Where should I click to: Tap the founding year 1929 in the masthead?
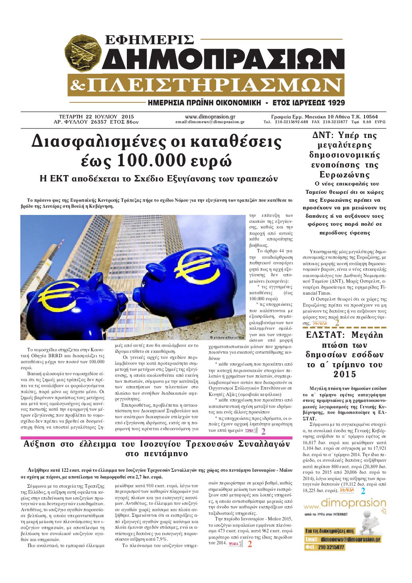click(x=332, y=103)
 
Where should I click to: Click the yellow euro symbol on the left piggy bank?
click(x=60, y=297)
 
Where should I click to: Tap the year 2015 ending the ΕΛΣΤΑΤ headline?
click(x=345, y=374)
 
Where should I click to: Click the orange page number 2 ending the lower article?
click(x=250, y=544)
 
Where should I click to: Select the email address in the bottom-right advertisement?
click(x=350, y=539)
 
